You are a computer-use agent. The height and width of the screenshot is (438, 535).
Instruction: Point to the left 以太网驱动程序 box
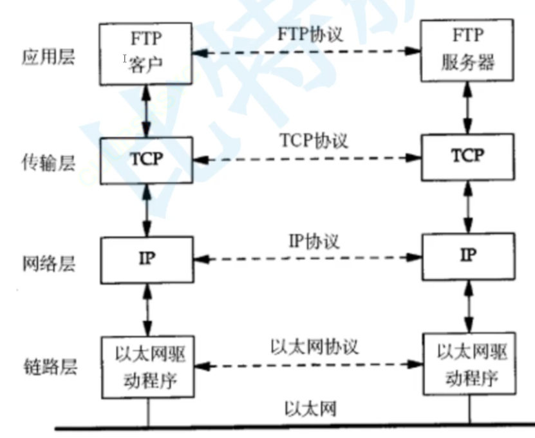[x=147, y=364]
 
